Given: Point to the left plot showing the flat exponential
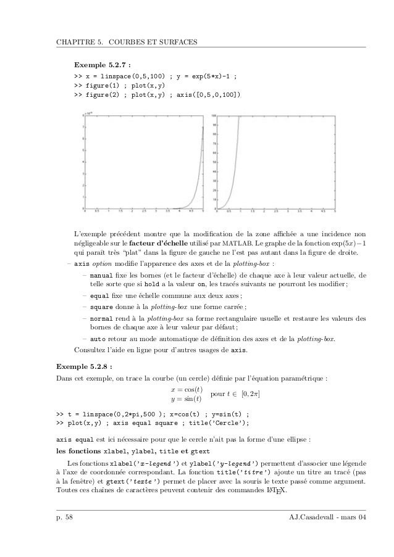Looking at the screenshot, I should coord(143,163).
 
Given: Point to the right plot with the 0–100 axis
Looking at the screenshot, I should coord(275,163).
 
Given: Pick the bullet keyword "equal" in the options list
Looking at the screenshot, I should coord(99,295).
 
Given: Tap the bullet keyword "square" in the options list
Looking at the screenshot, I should coord(101,307).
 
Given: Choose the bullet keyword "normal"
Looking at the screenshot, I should coord(101,318).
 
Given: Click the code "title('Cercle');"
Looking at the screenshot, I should coord(219,423).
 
